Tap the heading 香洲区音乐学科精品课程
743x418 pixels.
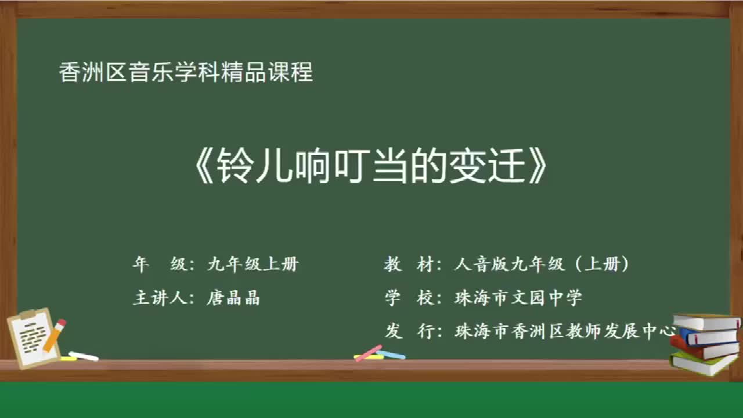click(x=186, y=73)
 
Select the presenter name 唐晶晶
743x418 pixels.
click(x=233, y=298)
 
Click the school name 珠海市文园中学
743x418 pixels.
click(x=518, y=298)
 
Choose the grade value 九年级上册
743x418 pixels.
click(x=253, y=265)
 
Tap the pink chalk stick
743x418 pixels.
click(x=368, y=353)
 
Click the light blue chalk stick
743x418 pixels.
click(x=392, y=354)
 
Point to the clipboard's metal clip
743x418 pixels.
click(x=28, y=315)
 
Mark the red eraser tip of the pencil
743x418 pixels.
click(x=61, y=323)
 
